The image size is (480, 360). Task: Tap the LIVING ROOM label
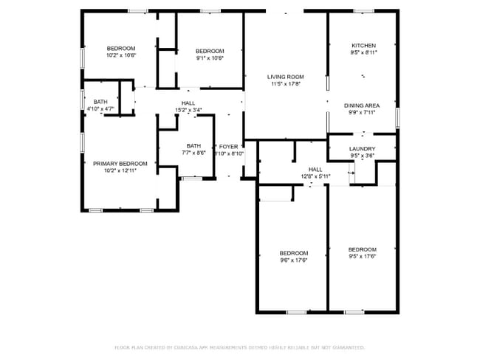(x=286, y=77)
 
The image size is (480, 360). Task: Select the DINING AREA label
(x=362, y=105)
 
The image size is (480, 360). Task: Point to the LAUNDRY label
(x=363, y=148)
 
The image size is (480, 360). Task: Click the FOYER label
(x=228, y=147)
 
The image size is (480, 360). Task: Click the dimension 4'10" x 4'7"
(x=100, y=109)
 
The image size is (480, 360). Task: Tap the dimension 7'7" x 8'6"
(x=193, y=153)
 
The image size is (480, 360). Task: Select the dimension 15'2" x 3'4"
(x=188, y=110)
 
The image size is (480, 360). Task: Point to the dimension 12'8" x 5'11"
(x=315, y=176)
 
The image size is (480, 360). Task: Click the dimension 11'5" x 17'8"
(x=286, y=84)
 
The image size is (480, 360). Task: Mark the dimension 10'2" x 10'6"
(x=121, y=55)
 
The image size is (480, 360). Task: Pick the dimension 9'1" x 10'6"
(x=210, y=58)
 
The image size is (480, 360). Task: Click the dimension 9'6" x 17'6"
(x=293, y=260)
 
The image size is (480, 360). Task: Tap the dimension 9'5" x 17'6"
(x=363, y=257)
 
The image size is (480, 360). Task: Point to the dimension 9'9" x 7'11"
(x=362, y=113)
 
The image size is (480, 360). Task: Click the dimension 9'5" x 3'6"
(x=363, y=156)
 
